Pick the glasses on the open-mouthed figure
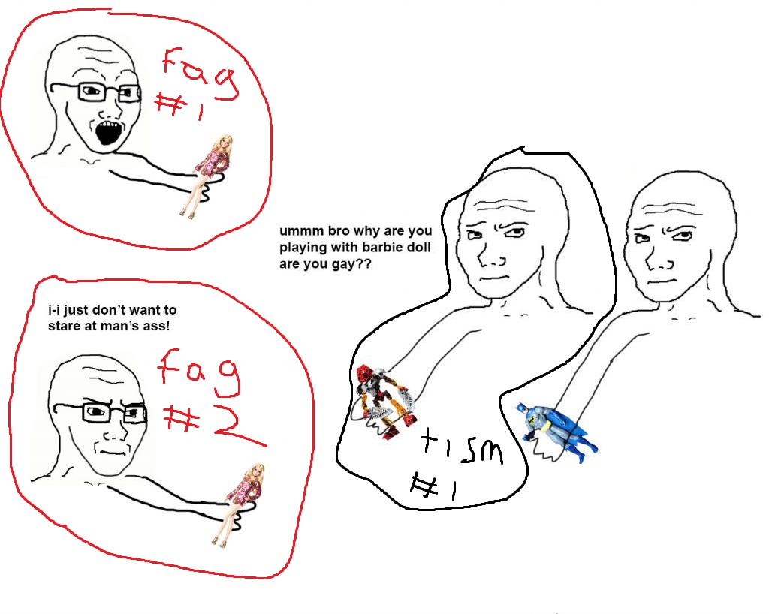(x=96, y=92)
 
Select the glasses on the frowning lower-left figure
(x=100, y=412)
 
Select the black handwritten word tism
(x=462, y=447)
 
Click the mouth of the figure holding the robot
(x=496, y=278)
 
